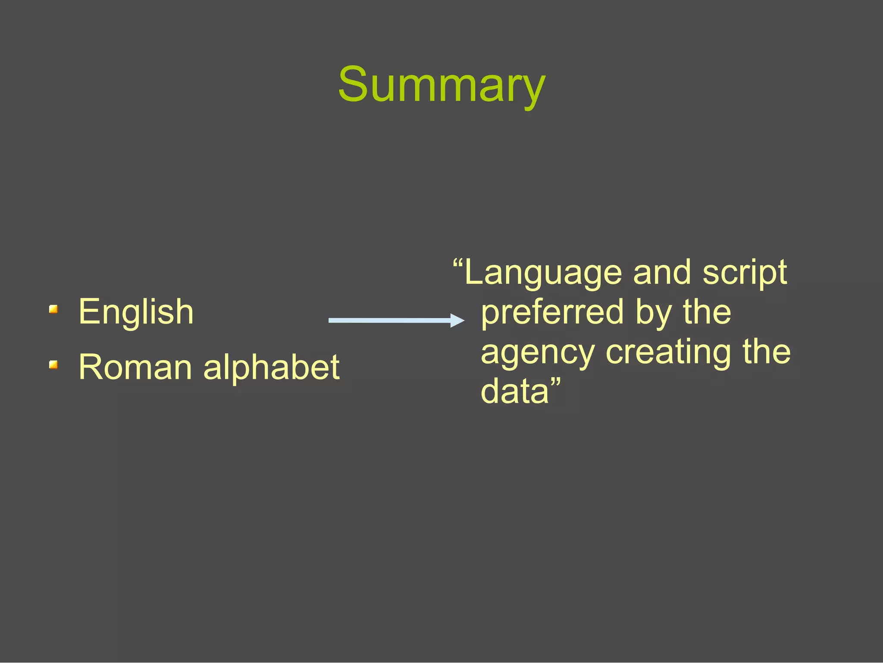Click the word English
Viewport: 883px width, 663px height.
point(136,312)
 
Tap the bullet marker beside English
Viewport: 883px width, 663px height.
point(53,309)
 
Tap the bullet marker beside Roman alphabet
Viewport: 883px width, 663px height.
point(53,365)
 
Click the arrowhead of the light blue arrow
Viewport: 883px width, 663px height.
point(458,320)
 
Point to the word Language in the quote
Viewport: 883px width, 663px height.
point(543,273)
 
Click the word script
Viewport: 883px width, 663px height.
point(745,273)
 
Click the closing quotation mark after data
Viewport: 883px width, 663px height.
point(556,381)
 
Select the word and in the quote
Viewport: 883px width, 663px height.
point(662,273)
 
